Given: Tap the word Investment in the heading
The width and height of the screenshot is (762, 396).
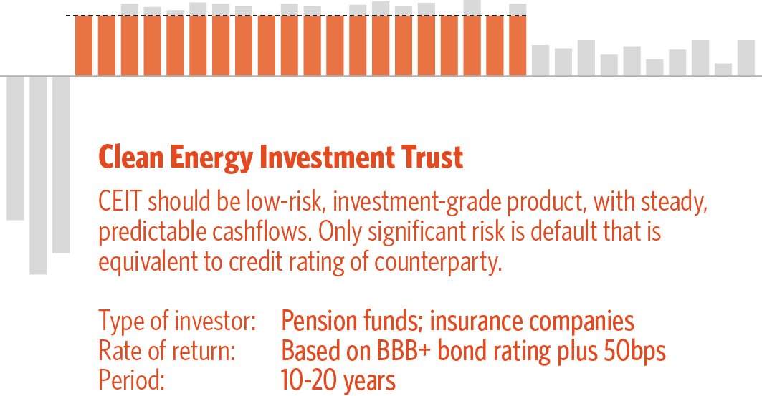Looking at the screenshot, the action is point(327,157).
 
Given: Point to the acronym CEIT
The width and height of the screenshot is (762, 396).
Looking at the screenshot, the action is point(120,201).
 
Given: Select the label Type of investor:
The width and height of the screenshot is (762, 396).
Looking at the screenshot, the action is point(177,322).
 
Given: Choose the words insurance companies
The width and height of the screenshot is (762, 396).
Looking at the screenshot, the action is point(532,322).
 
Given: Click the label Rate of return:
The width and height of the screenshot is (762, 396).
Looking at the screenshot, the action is point(167,351).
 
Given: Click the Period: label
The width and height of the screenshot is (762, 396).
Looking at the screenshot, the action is point(132,380).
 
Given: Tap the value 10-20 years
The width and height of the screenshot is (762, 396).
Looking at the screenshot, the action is point(338,381).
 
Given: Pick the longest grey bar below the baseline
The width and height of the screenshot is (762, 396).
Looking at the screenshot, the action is point(38,175).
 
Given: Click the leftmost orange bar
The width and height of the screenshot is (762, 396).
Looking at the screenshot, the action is point(84,46).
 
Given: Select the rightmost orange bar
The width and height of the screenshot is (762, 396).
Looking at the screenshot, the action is point(518,46).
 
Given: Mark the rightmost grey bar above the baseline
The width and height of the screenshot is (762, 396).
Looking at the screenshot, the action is point(746,58).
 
